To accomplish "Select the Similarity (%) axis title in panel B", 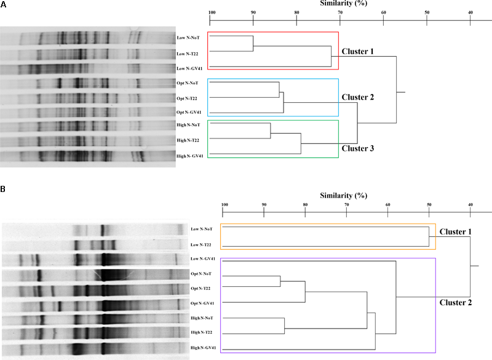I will click(x=344, y=196).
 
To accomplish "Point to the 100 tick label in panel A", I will click(x=211, y=12).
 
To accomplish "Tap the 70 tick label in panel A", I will click(x=340, y=12).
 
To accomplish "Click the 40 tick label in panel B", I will click(x=471, y=205).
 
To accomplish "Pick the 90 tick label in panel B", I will click(x=264, y=205).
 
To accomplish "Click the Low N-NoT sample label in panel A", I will click(x=188, y=38).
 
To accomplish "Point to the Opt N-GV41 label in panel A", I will click(x=189, y=111).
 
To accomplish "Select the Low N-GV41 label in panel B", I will click(x=204, y=258).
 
